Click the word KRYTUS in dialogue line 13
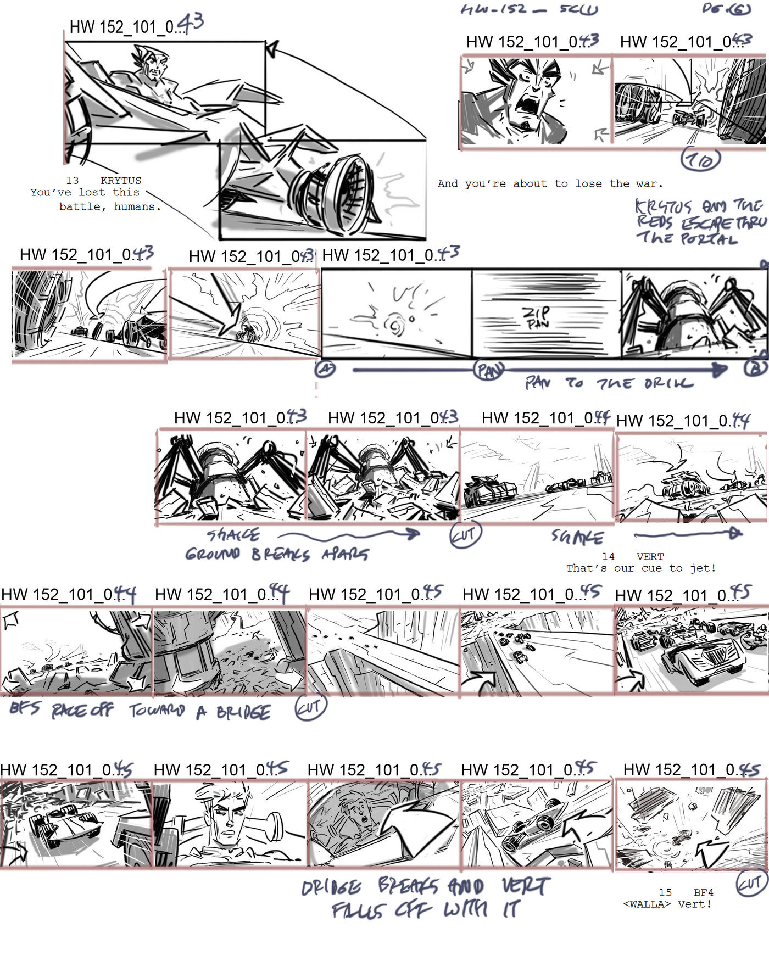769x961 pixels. coord(121,181)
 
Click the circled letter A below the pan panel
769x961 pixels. coord(325,369)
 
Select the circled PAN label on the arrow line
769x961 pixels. coord(488,371)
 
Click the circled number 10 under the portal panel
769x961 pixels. coord(700,160)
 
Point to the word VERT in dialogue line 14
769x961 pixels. coord(650,557)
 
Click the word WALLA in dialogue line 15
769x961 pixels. coord(647,904)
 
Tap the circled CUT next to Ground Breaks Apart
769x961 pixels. coord(465,535)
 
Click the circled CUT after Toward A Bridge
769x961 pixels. coord(311,708)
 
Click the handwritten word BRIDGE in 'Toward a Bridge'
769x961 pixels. coord(243,713)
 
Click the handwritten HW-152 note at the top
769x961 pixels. coord(493,9)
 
